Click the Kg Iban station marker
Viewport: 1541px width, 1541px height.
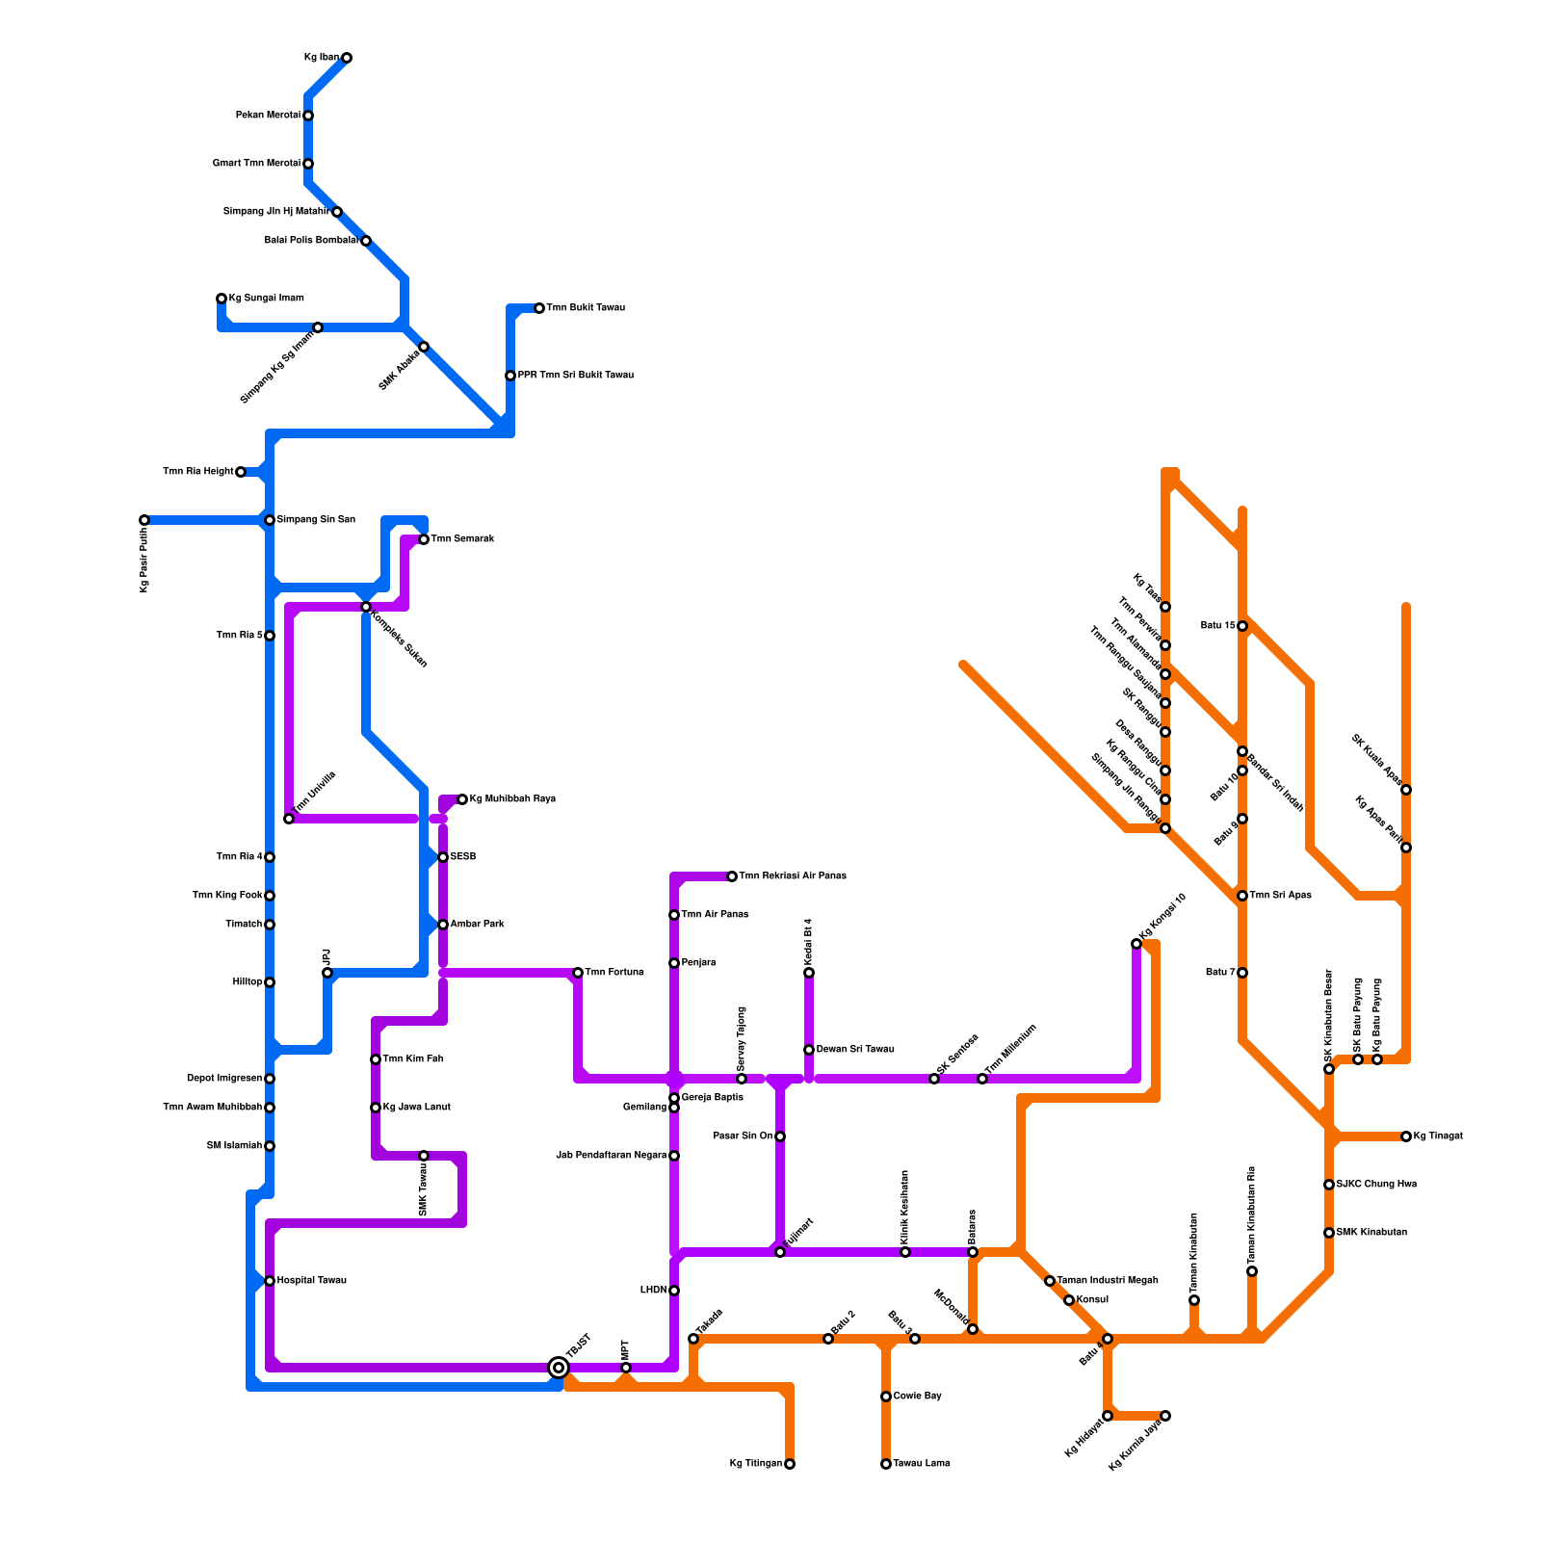pyautogui.click(x=347, y=58)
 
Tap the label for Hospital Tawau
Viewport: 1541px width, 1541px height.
pyautogui.click(x=311, y=1281)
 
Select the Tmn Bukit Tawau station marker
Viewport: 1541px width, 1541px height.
pyautogui.click(x=539, y=308)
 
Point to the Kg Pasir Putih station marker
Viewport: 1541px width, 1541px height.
pyautogui.click(x=144, y=520)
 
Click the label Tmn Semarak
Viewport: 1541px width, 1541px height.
pyautogui.click(x=462, y=539)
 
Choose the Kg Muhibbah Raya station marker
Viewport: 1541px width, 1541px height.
pyautogui.click(x=462, y=799)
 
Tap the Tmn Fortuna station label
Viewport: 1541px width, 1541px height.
pyautogui.click(x=614, y=973)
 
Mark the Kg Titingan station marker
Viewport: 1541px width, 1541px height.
pyautogui.click(x=790, y=1464)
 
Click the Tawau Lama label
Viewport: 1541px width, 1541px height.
pyautogui.click(x=922, y=1464)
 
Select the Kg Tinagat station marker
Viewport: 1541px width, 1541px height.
pyautogui.click(x=1406, y=1136)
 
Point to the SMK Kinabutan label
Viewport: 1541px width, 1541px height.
pyautogui.click(x=1371, y=1233)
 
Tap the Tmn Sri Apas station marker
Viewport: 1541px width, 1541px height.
pyautogui.click(x=1242, y=896)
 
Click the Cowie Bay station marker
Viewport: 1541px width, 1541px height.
pyautogui.click(x=886, y=1397)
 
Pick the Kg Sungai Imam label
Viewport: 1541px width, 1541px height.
pyautogui.click(x=266, y=299)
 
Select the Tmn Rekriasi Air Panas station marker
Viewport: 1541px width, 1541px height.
pyautogui.click(x=732, y=876)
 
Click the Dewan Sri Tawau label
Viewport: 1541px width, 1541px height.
pyautogui.click(x=855, y=1050)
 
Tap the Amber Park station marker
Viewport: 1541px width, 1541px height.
pyautogui.click(x=443, y=925)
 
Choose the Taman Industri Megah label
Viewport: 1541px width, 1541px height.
pyautogui.click(x=1108, y=1281)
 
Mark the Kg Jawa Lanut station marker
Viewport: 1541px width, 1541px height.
pyautogui.click(x=376, y=1108)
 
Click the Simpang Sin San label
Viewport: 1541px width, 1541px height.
pyautogui.click(x=316, y=520)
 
